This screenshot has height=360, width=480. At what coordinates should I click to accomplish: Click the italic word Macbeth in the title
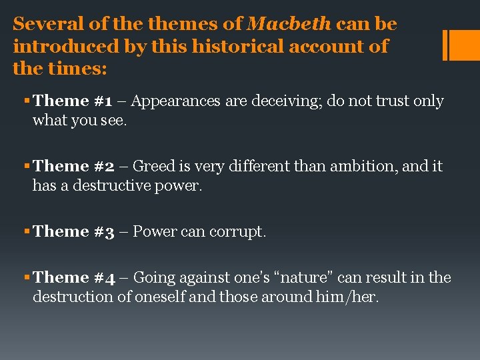[x=289, y=25]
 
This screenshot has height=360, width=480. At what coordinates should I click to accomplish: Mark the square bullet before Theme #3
[x=26, y=232]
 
